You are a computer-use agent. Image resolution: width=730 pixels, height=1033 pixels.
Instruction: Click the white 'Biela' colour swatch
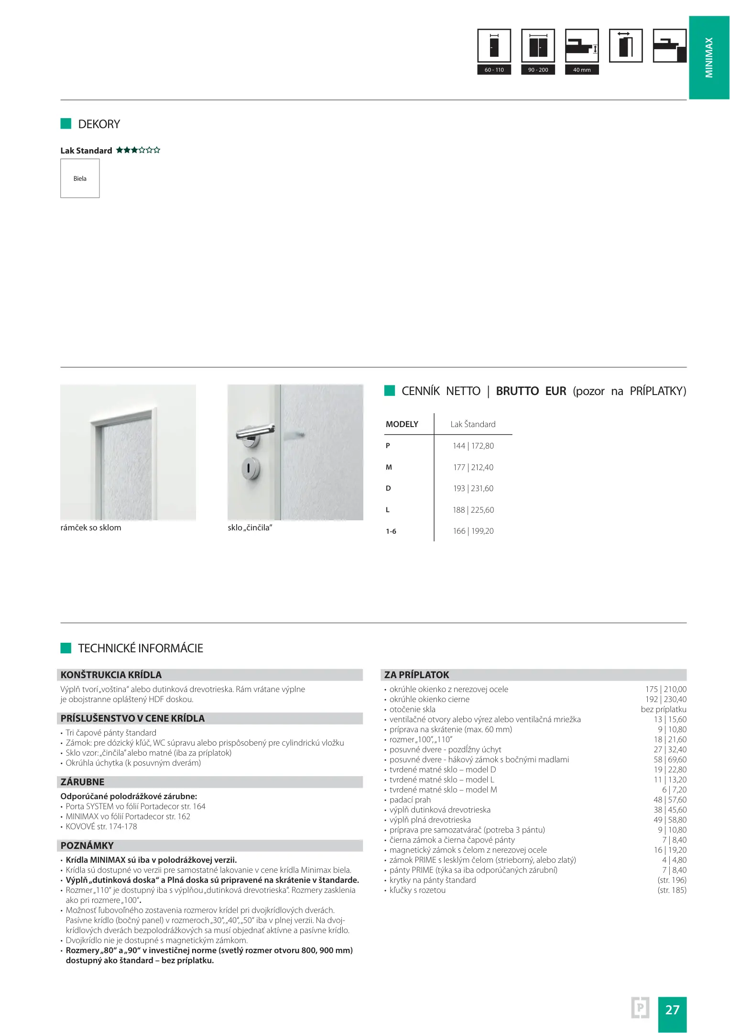80,178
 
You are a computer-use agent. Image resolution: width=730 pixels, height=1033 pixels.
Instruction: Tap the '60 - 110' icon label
494,70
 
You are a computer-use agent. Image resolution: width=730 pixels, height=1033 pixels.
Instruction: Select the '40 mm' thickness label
581,70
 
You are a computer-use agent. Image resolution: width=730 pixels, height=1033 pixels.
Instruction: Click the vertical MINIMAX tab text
709,57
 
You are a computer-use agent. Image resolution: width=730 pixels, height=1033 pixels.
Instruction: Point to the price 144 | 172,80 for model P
473,446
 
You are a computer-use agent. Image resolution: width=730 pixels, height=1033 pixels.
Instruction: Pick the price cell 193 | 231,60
473,488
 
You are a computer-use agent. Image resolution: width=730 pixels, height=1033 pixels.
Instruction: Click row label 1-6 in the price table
391,531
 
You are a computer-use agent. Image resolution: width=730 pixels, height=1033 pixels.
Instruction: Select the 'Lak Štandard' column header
473,424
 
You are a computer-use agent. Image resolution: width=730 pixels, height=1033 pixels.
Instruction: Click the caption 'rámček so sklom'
91,527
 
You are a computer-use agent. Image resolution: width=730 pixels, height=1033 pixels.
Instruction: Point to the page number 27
672,1010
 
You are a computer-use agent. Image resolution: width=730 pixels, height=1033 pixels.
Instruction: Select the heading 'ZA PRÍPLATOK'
416,675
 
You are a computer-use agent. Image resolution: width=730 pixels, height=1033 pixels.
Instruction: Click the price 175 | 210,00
665,689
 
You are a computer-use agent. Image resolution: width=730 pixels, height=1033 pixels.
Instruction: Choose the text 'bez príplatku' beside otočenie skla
663,709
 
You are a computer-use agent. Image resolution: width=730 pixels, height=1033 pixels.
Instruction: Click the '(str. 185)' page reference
672,890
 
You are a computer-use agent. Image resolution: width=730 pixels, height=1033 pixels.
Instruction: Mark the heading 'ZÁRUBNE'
82,782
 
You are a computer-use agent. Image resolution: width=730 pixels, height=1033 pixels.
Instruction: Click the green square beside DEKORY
66,124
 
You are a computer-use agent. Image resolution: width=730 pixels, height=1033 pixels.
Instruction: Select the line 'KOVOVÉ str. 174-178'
101,826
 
